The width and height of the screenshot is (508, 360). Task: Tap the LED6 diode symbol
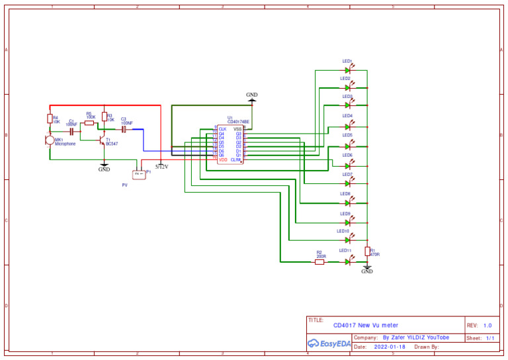click(348, 165)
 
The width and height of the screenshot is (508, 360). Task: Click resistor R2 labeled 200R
click(319, 261)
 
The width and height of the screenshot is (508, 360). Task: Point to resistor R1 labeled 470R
click(367, 251)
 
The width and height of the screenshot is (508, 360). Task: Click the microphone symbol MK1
click(50, 140)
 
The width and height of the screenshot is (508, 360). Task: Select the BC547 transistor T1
click(102, 141)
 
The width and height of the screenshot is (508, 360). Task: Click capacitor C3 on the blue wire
click(124, 130)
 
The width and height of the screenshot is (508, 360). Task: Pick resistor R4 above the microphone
click(50, 118)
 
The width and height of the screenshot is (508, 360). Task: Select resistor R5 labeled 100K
click(89, 122)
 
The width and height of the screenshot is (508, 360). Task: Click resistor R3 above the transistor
click(104, 116)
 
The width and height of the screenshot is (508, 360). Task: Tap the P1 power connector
click(139, 174)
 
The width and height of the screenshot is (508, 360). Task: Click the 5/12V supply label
click(161, 167)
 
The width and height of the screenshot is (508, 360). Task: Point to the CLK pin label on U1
click(222, 129)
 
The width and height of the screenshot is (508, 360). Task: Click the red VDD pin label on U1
click(223, 160)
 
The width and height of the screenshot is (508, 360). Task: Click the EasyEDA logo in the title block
click(329, 343)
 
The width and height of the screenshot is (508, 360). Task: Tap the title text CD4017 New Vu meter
click(366, 326)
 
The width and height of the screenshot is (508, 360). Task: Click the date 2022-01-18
click(390, 347)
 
